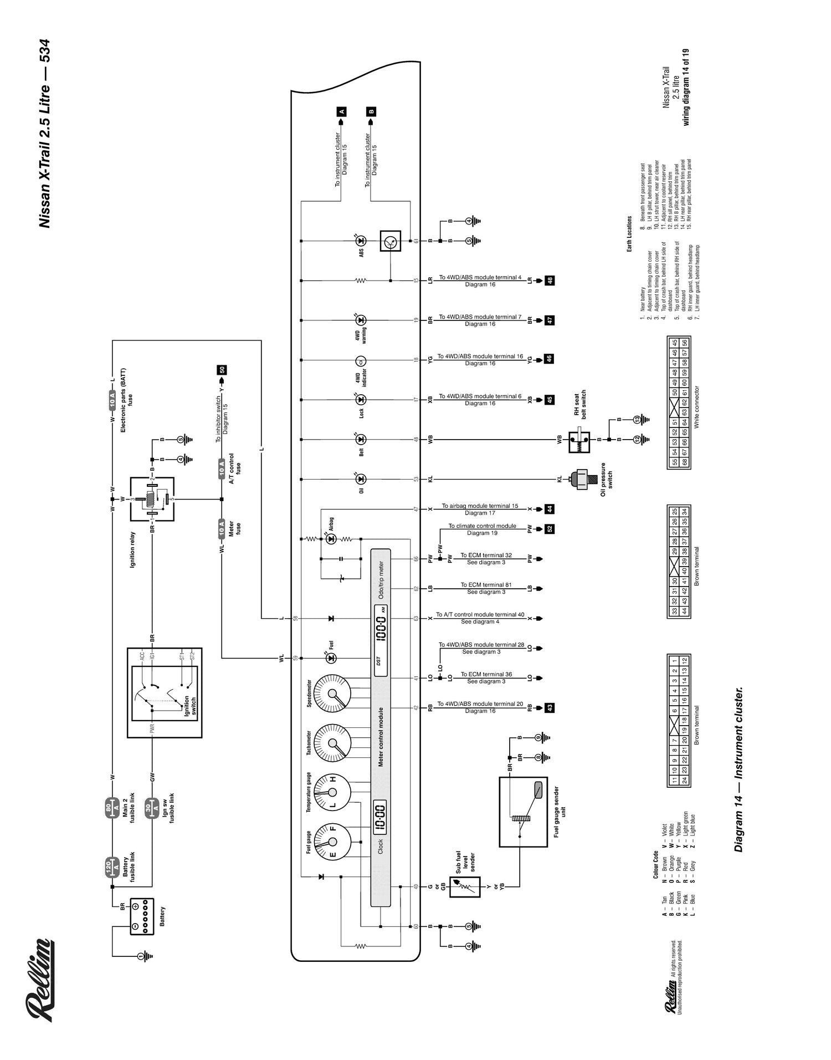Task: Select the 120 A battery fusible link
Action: (x=112, y=868)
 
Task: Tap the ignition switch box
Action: (x=165, y=693)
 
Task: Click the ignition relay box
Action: (x=152, y=499)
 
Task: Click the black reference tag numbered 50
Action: (x=222, y=370)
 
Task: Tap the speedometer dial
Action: (x=332, y=693)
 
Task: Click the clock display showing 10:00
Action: (x=380, y=816)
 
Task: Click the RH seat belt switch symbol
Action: (x=579, y=440)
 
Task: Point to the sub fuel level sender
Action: (x=464, y=888)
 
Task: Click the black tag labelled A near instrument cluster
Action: (x=342, y=111)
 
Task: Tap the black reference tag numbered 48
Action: (x=550, y=281)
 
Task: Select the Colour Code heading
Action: (x=655, y=865)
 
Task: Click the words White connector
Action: (x=696, y=407)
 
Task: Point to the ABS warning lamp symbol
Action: (x=361, y=241)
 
